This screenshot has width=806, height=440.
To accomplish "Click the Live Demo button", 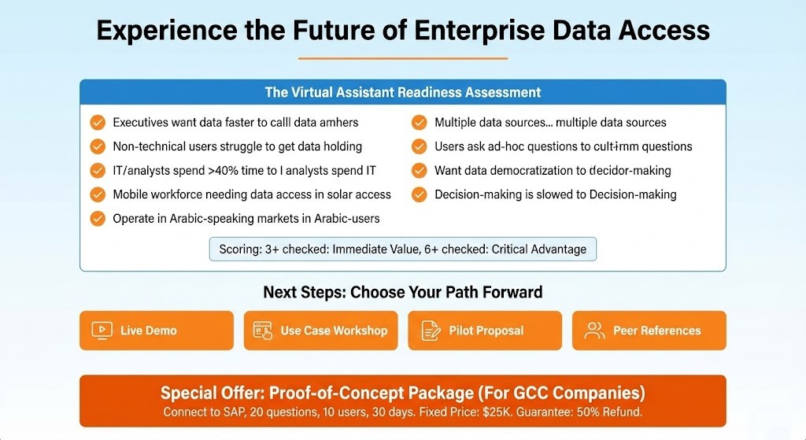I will click(157, 331).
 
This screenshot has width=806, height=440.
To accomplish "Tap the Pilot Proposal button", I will click(485, 331).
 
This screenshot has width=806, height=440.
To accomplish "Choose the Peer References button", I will click(649, 331).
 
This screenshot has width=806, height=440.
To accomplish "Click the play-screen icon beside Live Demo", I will click(102, 331).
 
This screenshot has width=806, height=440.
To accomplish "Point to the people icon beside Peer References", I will click(594, 331).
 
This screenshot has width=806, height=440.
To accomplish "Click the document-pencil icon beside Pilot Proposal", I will click(430, 331).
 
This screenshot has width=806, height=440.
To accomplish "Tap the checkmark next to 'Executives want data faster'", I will click(98, 123).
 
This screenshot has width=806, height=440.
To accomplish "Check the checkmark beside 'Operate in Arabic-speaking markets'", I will click(98, 219).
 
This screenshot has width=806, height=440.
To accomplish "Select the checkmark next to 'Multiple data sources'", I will click(420, 123).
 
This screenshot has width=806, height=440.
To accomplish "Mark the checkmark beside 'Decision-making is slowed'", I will click(420, 194).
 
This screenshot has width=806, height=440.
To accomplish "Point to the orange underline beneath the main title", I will click(402, 58).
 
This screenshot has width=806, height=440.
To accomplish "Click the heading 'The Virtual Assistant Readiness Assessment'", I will click(402, 92).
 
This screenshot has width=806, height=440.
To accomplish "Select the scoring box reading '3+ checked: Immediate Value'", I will click(402, 250).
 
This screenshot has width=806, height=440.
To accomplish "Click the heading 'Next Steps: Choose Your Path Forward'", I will click(402, 292).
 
